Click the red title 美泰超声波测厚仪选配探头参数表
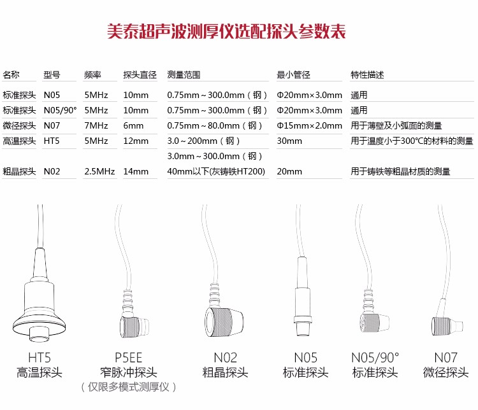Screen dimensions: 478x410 pyautogui.click(x=226, y=32)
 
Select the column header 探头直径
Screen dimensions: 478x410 pyautogui.click(x=140, y=74)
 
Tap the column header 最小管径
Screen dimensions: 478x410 pyautogui.click(x=293, y=74)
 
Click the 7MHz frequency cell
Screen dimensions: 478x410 pyautogui.click(x=96, y=125)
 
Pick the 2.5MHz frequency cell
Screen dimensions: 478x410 pyautogui.click(x=99, y=171)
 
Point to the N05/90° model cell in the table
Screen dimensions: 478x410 pyautogui.click(x=60, y=110)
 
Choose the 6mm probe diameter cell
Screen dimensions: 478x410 pyautogui.click(x=133, y=125)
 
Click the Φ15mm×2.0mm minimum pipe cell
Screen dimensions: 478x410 pyautogui.click(x=309, y=125)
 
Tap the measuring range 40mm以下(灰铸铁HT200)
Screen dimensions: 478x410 pyautogui.click(x=216, y=171)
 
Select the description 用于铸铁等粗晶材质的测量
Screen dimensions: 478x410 pyautogui.click(x=400, y=171)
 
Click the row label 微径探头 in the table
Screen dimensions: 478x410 pyautogui.click(x=19, y=125)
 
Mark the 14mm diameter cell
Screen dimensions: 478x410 pyautogui.click(x=136, y=171)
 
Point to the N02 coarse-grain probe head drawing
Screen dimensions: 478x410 pyautogui.click(x=224, y=322)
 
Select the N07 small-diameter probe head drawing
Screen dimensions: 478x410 pyautogui.click(x=447, y=325)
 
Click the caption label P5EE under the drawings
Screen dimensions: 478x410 pyautogui.click(x=128, y=358)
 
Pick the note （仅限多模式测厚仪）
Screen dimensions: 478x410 pyautogui.click(x=128, y=387)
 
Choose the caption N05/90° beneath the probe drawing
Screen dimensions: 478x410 pyautogui.click(x=375, y=358)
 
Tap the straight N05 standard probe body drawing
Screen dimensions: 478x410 pyautogui.click(x=303, y=297)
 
